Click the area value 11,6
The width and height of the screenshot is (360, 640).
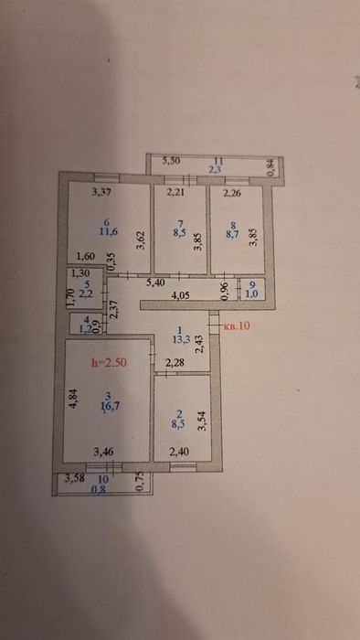click(x=110, y=234)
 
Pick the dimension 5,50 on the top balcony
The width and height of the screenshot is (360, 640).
click(x=172, y=161)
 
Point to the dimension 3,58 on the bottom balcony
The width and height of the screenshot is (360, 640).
click(x=72, y=478)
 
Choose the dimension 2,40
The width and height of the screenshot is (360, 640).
click(x=181, y=452)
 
